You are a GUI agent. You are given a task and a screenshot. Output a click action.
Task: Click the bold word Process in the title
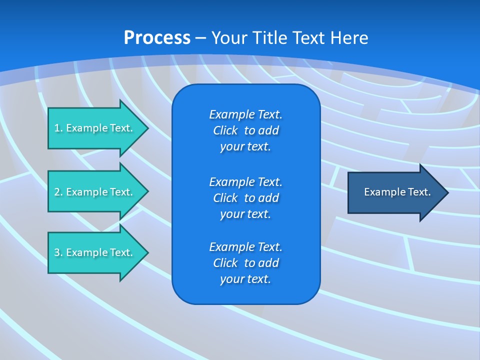(x=157, y=38)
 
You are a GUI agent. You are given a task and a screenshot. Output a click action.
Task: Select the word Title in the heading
(x=268, y=38)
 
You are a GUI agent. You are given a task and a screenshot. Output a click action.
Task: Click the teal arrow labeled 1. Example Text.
(x=95, y=128)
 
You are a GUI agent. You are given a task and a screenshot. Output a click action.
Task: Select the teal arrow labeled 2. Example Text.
(x=95, y=192)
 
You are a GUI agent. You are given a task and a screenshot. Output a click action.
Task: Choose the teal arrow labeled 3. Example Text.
(x=95, y=252)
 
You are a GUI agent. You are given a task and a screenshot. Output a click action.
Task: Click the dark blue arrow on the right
(x=395, y=192)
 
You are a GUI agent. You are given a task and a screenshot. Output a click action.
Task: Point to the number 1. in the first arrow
(x=58, y=128)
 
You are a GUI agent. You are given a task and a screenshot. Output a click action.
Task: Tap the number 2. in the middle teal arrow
(x=58, y=192)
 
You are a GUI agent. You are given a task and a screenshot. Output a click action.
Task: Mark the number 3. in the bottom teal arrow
(x=58, y=252)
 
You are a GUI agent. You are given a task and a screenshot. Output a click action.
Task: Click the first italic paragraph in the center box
(x=245, y=130)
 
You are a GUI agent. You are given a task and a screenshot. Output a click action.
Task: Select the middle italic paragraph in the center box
(x=245, y=198)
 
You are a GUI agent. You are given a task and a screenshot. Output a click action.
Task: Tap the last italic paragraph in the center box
(x=245, y=263)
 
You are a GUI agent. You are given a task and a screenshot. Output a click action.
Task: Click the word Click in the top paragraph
(x=225, y=130)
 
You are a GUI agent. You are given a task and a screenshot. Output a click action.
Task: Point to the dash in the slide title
(x=200, y=38)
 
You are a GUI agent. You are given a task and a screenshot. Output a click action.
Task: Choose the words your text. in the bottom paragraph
(x=245, y=279)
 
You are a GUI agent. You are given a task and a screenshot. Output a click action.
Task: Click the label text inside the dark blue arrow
(x=397, y=192)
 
